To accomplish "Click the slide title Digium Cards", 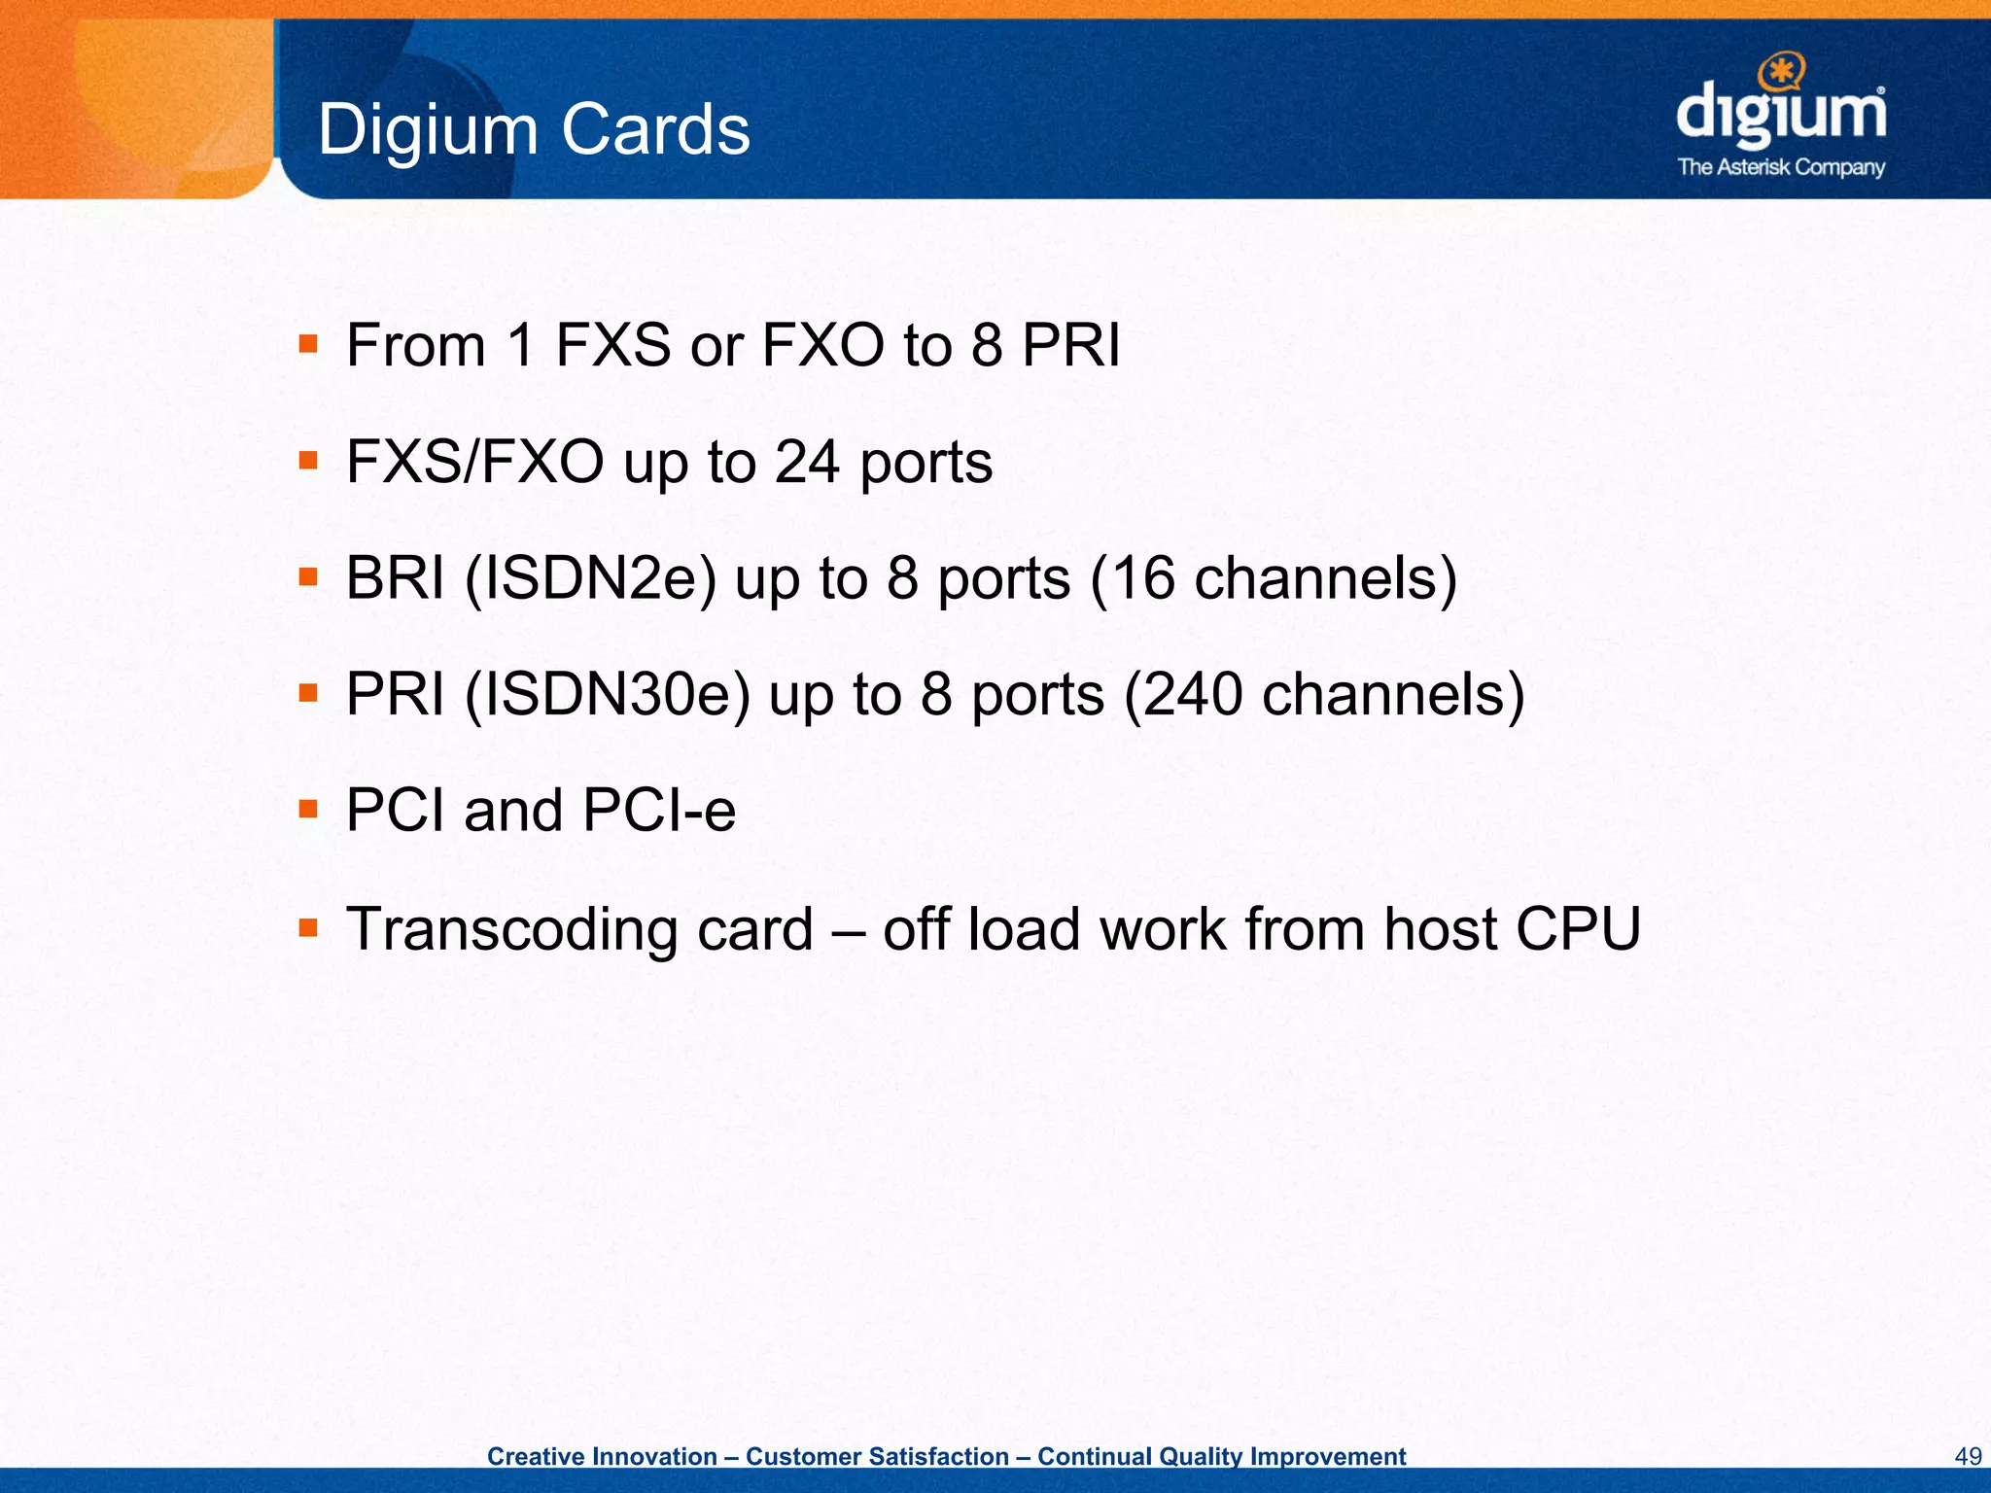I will click(534, 129).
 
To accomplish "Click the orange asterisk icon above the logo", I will click(1782, 71).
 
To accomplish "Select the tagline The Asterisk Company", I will click(1781, 167).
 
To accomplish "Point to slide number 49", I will click(1968, 1456).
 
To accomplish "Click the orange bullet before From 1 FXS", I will click(308, 344).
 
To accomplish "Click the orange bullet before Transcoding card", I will click(308, 927).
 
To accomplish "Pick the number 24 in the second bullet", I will click(807, 462).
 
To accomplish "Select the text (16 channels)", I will click(1274, 578).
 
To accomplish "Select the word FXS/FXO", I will click(474, 462).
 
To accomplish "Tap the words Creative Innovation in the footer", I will click(602, 1456).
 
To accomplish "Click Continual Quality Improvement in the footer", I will click(1221, 1456).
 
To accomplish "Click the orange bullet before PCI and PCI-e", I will click(308, 810).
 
